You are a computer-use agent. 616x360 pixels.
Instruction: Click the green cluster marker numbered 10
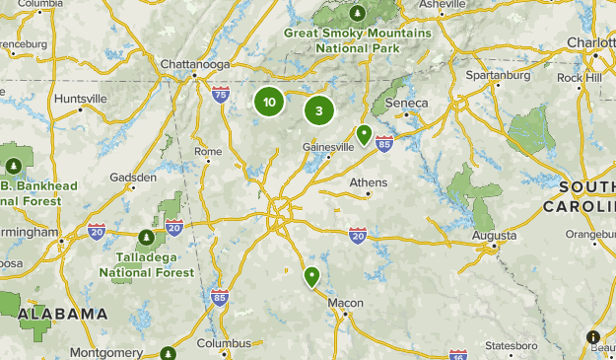tap(268, 102)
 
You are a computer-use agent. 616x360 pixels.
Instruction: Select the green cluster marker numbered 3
tap(318, 110)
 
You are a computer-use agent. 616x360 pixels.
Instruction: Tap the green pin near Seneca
tap(364, 134)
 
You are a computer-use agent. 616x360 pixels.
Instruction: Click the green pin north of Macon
tap(312, 276)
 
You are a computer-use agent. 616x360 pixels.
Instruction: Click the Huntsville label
tap(81, 99)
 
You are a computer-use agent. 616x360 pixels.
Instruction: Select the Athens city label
tap(369, 182)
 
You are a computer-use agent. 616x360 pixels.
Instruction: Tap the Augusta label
tap(494, 236)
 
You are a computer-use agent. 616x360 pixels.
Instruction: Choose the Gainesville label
tap(328, 147)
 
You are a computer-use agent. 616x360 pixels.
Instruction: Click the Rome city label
tap(208, 151)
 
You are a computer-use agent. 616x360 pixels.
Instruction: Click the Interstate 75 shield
tap(221, 95)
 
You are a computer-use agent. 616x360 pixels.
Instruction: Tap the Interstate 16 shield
tap(457, 354)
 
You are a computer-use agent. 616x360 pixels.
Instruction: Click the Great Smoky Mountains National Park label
tap(358, 40)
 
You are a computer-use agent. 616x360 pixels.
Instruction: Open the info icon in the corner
tap(593, 337)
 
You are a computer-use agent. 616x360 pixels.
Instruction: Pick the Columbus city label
tap(224, 344)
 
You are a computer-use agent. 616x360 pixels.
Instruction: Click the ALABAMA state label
tap(62, 314)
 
